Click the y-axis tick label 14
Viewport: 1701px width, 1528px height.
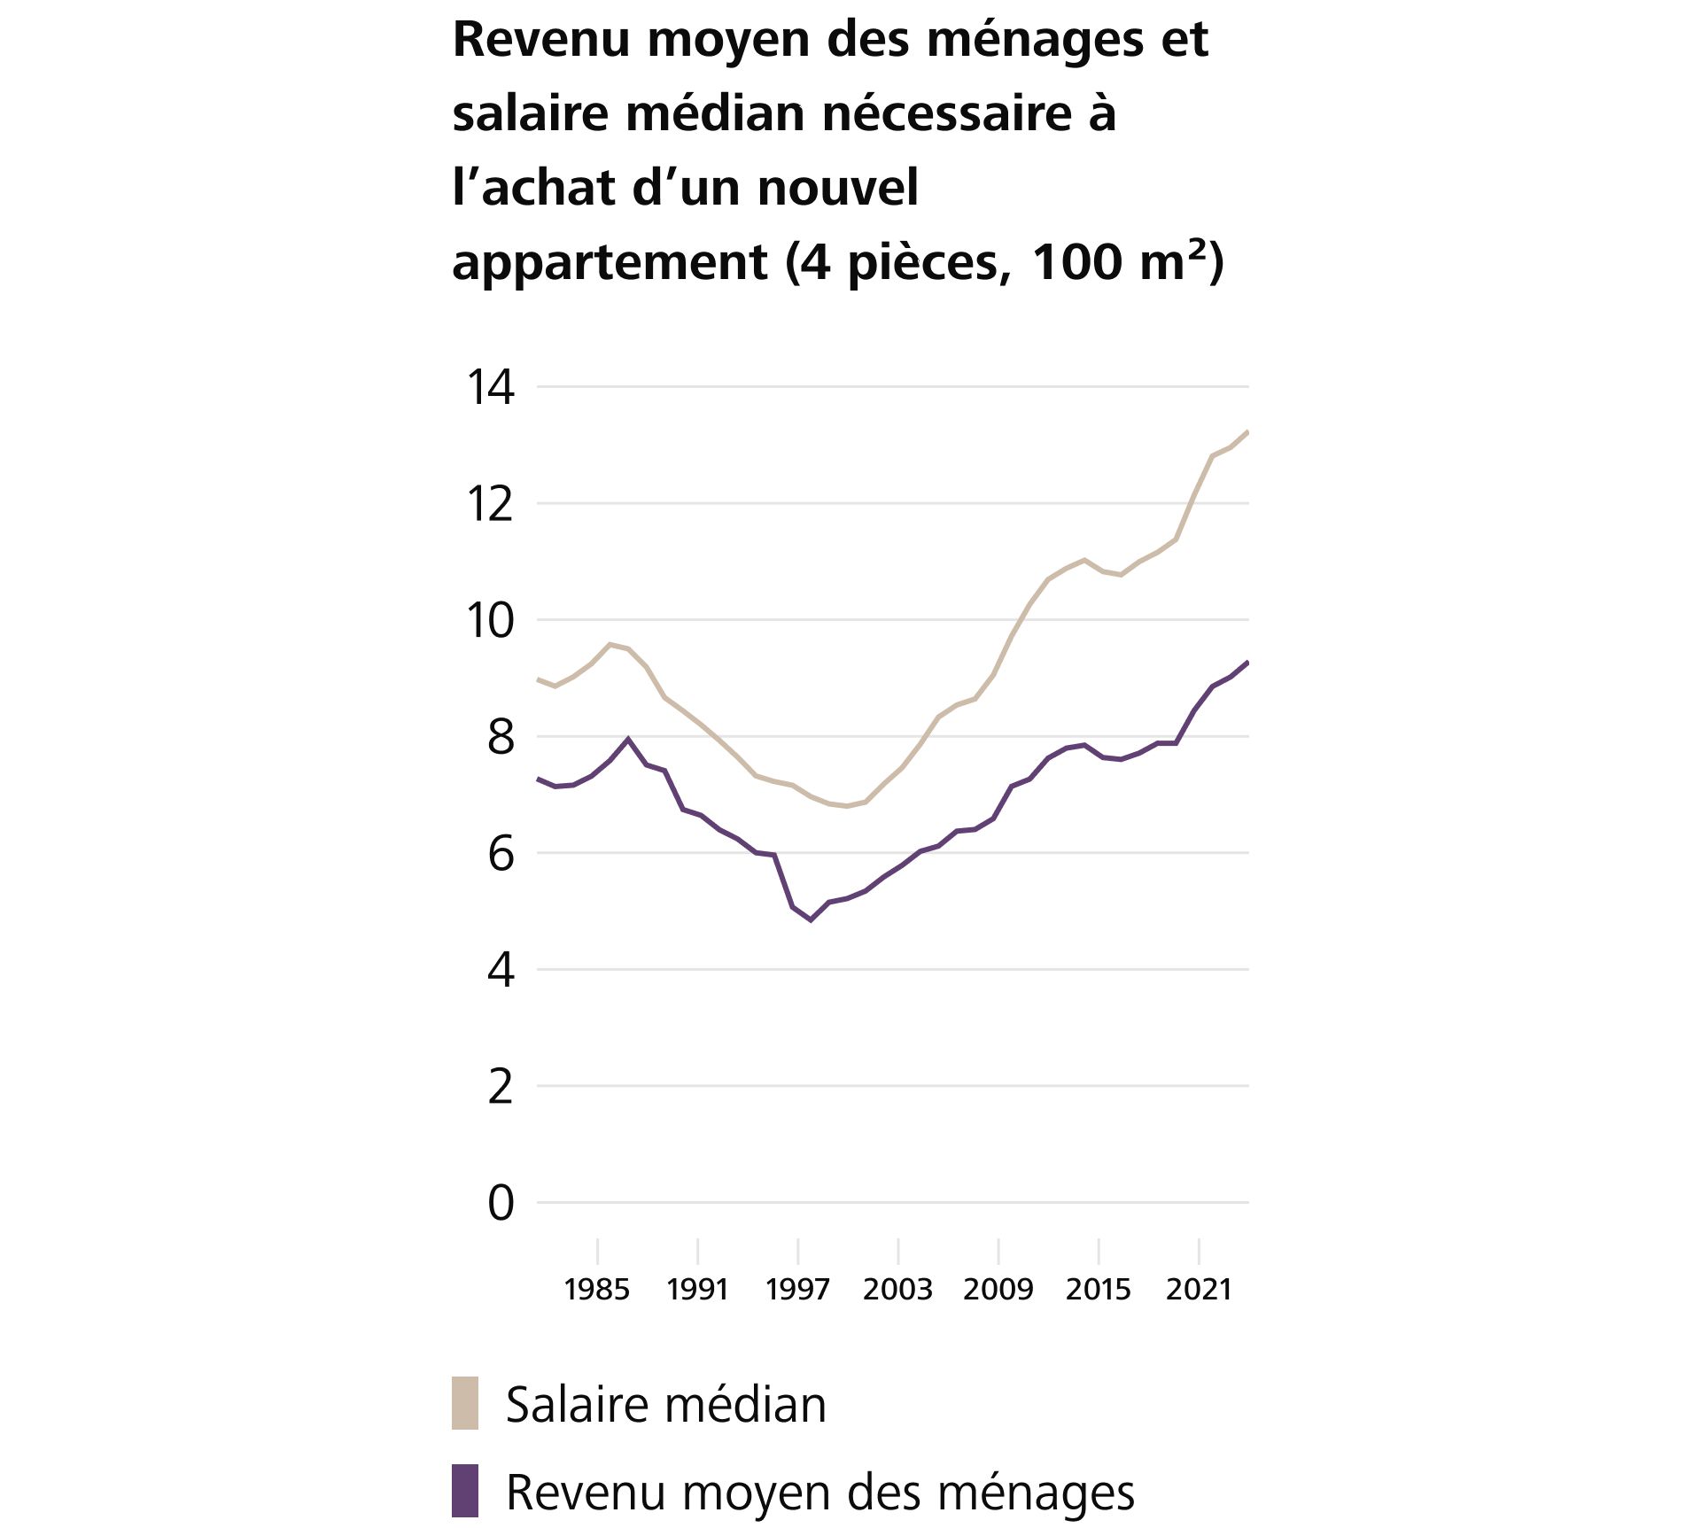(x=490, y=387)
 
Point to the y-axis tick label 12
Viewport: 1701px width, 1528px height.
(x=490, y=504)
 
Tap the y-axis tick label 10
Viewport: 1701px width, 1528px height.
(x=490, y=620)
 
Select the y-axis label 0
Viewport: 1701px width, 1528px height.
(x=501, y=1203)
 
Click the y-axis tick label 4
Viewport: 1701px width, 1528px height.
(x=501, y=970)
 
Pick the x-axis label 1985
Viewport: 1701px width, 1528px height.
(x=596, y=1289)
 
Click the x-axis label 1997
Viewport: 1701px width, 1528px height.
(x=797, y=1289)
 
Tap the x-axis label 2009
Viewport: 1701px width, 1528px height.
(x=998, y=1289)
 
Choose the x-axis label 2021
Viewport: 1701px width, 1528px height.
(x=1199, y=1289)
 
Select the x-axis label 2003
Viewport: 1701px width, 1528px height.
(x=897, y=1289)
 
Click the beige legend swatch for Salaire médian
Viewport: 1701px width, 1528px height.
(x=465, y=1403)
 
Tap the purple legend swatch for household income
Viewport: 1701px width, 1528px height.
(x=465, y=1491)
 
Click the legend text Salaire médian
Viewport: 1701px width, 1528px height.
(x=665, y=1405)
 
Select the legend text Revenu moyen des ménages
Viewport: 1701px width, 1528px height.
(x=819, y=1493)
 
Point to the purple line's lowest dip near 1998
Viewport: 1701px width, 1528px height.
(x=811, y=919)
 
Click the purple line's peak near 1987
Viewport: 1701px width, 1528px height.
(x=628, y=739)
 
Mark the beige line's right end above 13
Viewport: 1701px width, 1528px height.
(x=1247, y=432)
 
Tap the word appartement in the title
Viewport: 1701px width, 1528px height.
(x=610, y=262)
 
